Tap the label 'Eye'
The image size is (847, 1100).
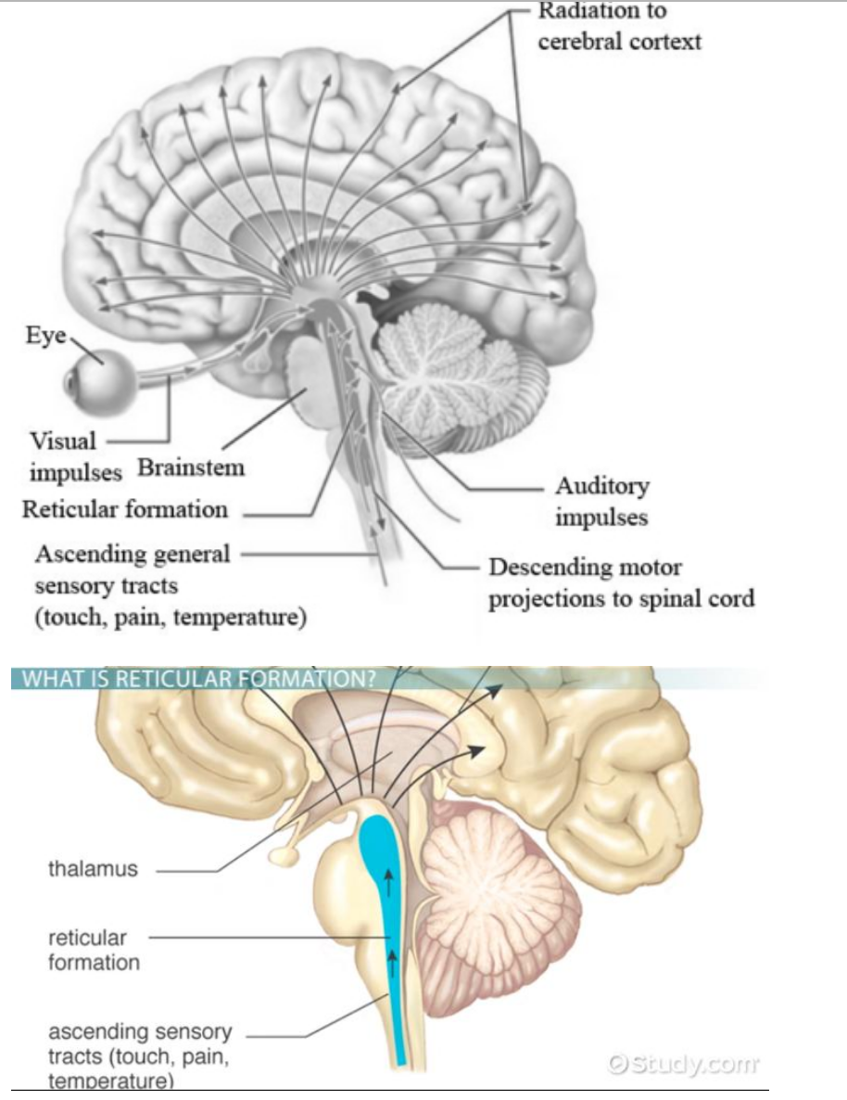tap(44, 336)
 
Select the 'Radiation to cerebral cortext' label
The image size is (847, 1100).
tap(618, 27)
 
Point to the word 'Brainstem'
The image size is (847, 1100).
tap(191, 467)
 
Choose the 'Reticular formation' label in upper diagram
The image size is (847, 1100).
tap(125, 509)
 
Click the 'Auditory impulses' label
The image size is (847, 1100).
tap(601, 501)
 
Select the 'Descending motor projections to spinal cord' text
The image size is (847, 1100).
tap(621, 582)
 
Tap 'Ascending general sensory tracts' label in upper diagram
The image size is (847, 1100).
tap(132, 555)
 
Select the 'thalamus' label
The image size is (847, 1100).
tap(93, 869)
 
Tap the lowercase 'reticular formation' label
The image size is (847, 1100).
tap(94, 950)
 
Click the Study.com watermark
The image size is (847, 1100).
tap(683, 1063)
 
